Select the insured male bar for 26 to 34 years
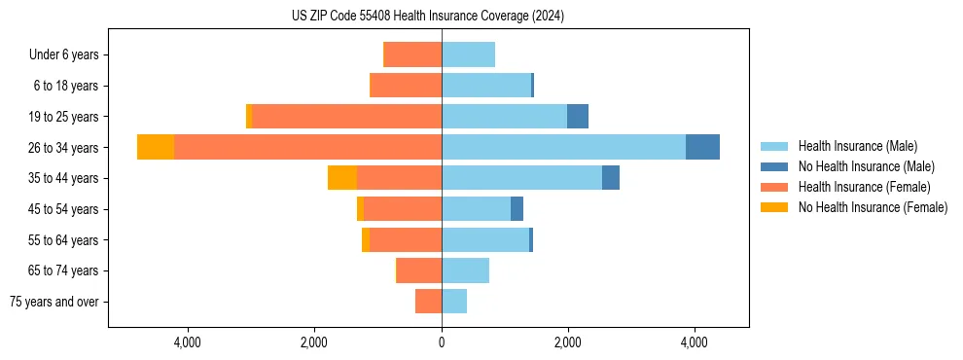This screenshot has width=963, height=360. click(x=563, y=147)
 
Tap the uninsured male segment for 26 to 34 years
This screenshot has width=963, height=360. click(x=702, y=147)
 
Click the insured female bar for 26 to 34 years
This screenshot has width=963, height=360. click(x=307, y=147)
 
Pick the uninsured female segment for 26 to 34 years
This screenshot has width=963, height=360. click(x=156, y=147)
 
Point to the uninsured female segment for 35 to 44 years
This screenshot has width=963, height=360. click(x=342, y=178)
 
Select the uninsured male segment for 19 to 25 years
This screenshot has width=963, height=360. click(x=578, y=117)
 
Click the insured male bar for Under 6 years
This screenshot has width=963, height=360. click(x=468, y=54)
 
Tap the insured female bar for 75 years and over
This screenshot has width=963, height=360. click(x=428, y=302)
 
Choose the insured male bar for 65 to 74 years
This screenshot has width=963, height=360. click(x=465, y=270)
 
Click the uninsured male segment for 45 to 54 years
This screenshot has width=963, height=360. click(x=517, y=209)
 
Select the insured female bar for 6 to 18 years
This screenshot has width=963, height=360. click(x=406, y=86)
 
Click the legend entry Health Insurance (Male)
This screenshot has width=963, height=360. click(x=857, y=146)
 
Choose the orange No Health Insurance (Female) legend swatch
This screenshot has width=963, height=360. click(x=774, y=207)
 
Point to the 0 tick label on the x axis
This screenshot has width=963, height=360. click(x=442, y=342)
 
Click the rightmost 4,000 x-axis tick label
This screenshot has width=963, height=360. click(x=695, y=342)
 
